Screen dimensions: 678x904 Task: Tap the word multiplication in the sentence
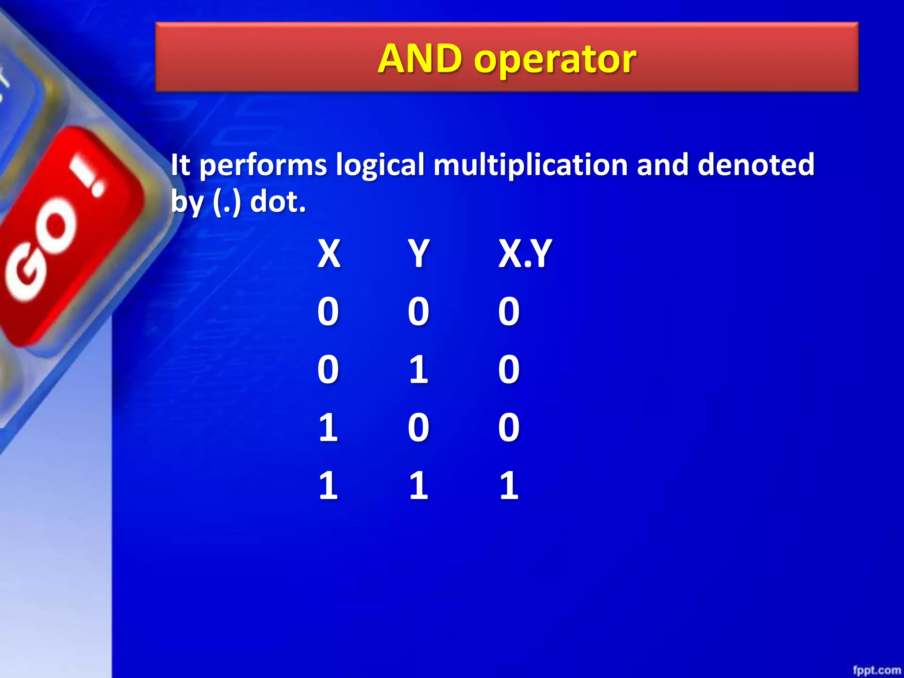click(x=530, y=165)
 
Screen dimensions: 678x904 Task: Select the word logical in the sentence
click(x=380, y=165)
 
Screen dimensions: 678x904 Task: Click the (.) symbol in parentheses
click(x=227, y=203)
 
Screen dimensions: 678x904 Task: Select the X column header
click(x=329, y=253)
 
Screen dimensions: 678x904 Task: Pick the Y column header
click(x=418, y=253)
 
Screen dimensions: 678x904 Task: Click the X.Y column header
click(x=525, y=253)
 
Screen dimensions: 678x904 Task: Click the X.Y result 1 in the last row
click(x=509, y=485)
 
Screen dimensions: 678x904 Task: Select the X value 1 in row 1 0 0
click(x=328, y=427)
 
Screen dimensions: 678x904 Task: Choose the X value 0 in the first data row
click(x=328, y=311)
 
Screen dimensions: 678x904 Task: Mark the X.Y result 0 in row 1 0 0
click(x=509, y=427)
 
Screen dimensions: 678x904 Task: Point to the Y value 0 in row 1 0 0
click(x=418, y=427)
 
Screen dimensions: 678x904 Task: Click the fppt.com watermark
click(x=876, y=670)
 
